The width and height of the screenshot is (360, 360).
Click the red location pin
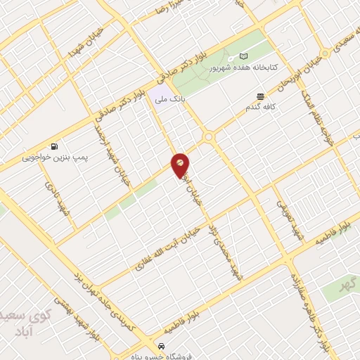(181, 164)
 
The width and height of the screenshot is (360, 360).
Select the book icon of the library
(244, 56)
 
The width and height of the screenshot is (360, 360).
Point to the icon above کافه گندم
(260, 96)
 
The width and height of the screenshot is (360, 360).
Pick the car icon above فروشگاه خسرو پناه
(162, 346)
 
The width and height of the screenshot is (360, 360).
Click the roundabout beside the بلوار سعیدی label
(326, 53)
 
